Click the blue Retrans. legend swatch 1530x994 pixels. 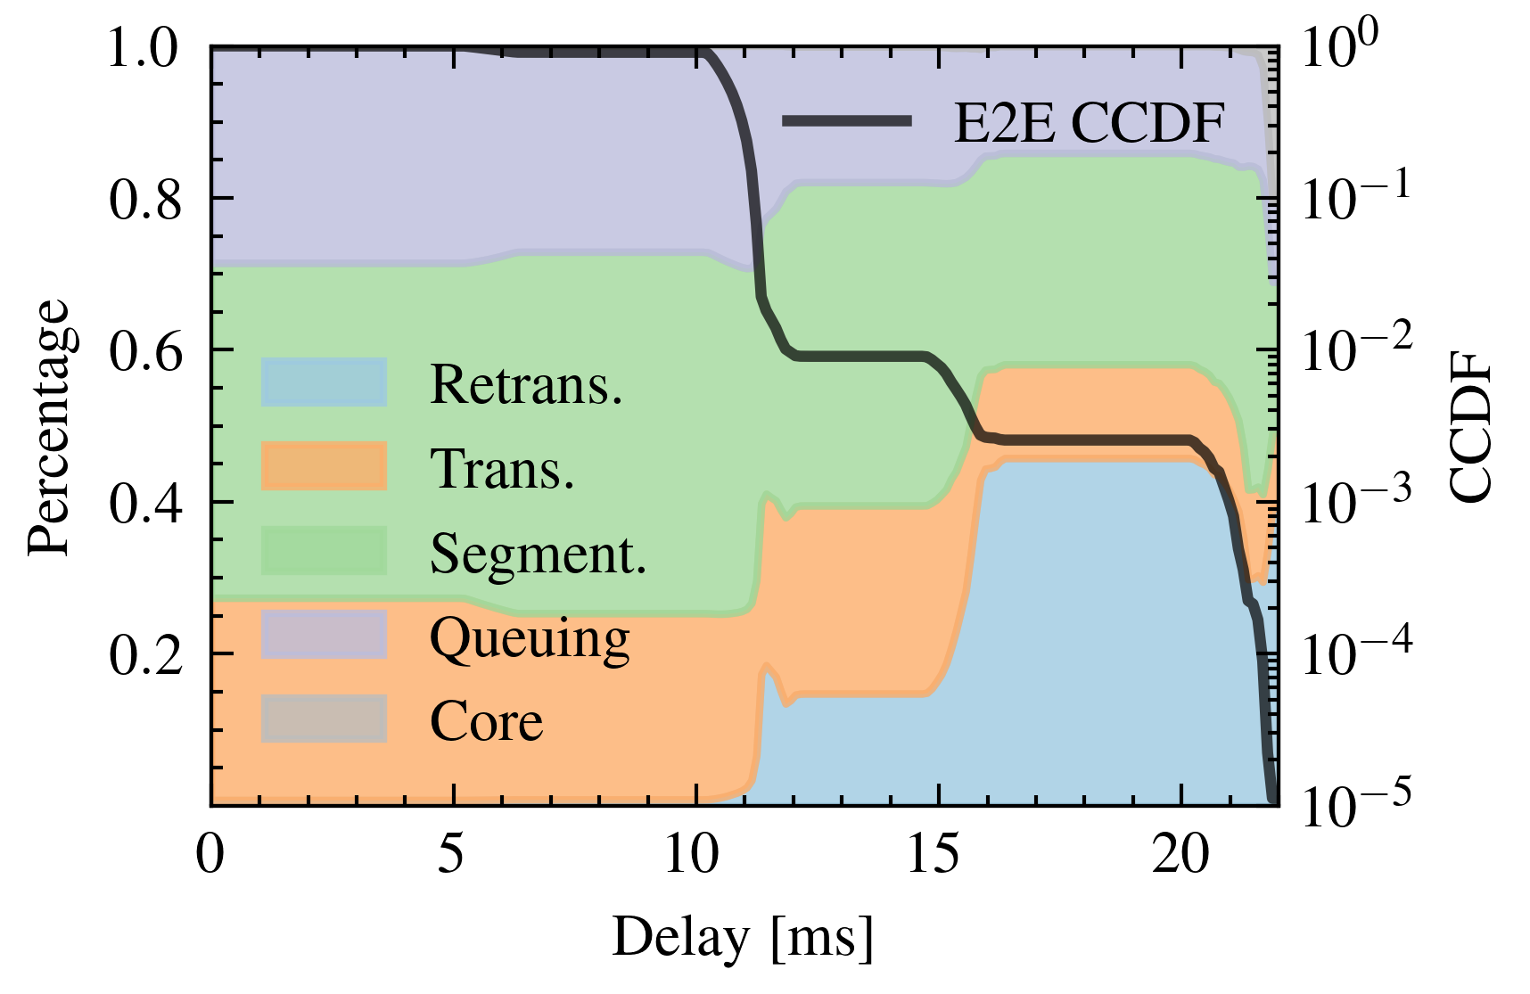pyautogui.click(x=324, y=382)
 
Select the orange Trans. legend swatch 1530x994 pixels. pyautogui.click(x=324, y=466)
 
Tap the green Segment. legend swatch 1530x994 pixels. pyautogui.click(x=324, y=551)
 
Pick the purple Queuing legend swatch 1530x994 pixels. pyautogui.click(x=324, y=635)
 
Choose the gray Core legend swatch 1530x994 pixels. pyautogui.click(x=324, y=719)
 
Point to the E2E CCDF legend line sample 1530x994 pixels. pyautogui.click(x=847, y=121)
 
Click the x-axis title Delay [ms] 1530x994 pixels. pyautogui.click(x=743, y=939)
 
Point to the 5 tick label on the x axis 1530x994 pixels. pyautogui.click(x=452, y=854)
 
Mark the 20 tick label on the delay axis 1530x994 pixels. pyautogui.click(x=1180, y=854)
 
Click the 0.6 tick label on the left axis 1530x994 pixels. pyautogui.click(x=146, y=351)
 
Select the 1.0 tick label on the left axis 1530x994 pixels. pyautogui.click(x=146, y=48)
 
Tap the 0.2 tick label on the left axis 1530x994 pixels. pyautogui.click(x=146, y=655)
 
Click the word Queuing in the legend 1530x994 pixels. pyautogui.click(x=530, y=638)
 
